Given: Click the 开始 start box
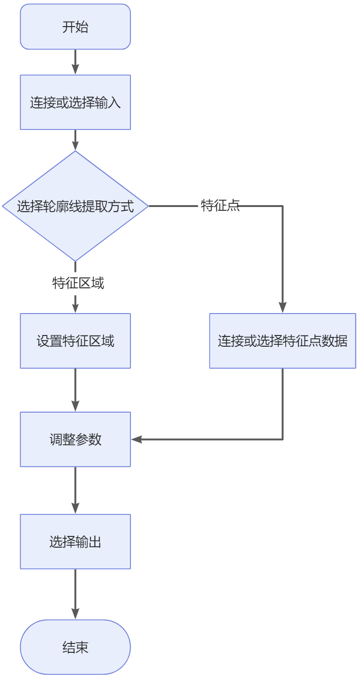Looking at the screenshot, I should tap(75, 27).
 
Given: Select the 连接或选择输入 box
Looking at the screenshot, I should tap(75, 102).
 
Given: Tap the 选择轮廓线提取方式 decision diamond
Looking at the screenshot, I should tap(75, 206).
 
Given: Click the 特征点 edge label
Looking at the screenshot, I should tap(220, 206).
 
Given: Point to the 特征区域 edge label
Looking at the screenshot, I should tap(78, 283).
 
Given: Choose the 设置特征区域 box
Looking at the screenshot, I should tap(75, 341).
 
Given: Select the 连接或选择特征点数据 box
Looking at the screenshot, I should tap(282, 341).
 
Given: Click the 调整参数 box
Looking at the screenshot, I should tap(75, 439).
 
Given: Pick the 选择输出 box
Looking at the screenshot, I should tap(75, 542).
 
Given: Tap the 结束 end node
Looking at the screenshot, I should tap(75, 647).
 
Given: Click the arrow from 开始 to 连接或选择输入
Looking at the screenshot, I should tap(75, 62).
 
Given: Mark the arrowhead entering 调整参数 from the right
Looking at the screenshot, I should tap(136, 439).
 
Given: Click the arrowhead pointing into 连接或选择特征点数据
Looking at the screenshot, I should tap(282, 308).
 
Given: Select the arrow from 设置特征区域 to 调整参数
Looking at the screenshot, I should tap(75, 390).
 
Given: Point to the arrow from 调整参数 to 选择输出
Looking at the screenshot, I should tap(75, 490).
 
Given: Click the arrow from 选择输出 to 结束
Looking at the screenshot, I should tap(75, 594).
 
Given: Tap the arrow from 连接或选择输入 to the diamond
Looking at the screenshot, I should tap(75, 140).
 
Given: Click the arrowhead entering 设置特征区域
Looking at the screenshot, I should tap(75, 308).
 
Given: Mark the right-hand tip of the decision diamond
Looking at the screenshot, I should tap(147, 206).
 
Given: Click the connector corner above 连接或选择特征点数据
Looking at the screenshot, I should tap(282, 206).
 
